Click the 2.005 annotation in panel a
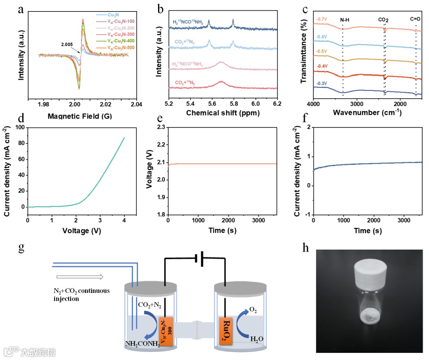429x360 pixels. click(x=67, y=45)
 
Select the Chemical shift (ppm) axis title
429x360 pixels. click(x=223, y=113)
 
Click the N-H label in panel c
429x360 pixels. click(x=345, y=19)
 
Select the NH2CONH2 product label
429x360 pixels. click(x=143, y=344)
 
